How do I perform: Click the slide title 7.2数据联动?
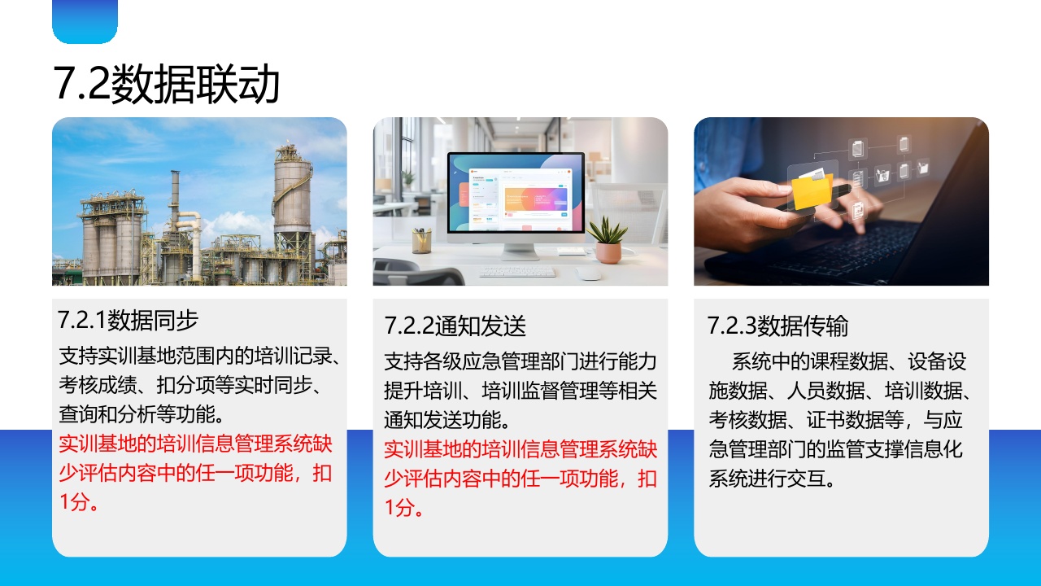(167, 84)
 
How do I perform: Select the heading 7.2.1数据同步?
(128, 320)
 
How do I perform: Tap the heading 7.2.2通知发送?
(455, 326)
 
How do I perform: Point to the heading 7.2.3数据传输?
(777, 326)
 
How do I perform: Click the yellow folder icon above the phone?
(811, 190)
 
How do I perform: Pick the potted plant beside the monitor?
(608, 240)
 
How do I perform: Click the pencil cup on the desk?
(421, 240)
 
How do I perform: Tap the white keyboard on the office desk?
(516, 271)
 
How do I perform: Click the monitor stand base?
(520, 254)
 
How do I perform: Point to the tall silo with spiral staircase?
(293, 195)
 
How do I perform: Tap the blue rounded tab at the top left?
(85, 21)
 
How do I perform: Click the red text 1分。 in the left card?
(78, 502)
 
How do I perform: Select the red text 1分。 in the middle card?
(403, 507)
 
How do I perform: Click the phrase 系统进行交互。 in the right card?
(772, 478)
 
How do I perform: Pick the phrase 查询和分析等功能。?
(141, 414)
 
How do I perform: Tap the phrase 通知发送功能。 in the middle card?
(447, 419)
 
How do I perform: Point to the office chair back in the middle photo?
(417, 273)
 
